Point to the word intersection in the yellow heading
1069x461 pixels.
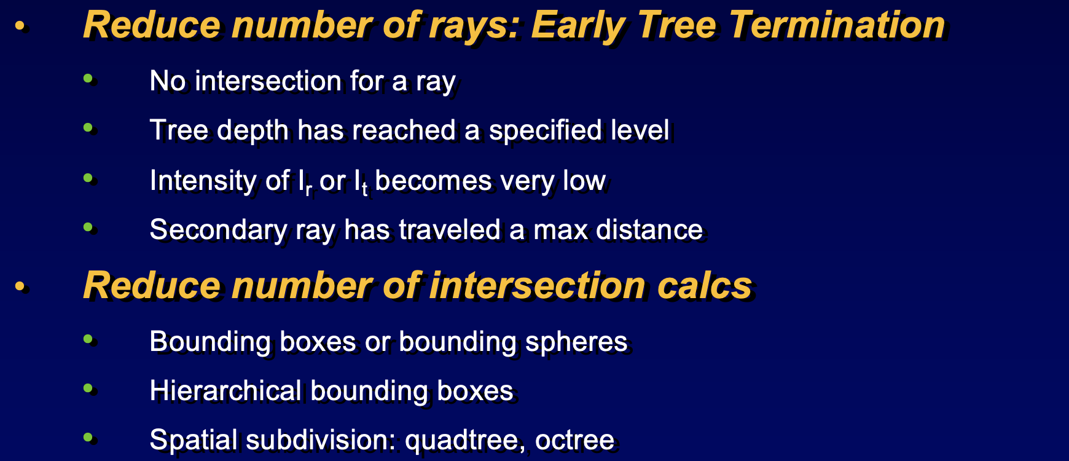(537, 286)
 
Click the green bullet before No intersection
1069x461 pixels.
(88, 78)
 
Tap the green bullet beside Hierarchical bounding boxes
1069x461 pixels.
(88, 388)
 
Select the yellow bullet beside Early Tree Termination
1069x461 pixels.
(20, 26)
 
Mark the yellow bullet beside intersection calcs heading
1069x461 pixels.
(20, 286)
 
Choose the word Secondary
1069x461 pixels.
(218, 230)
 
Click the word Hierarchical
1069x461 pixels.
(225, 391)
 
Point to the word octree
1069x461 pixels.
(574, 441)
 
